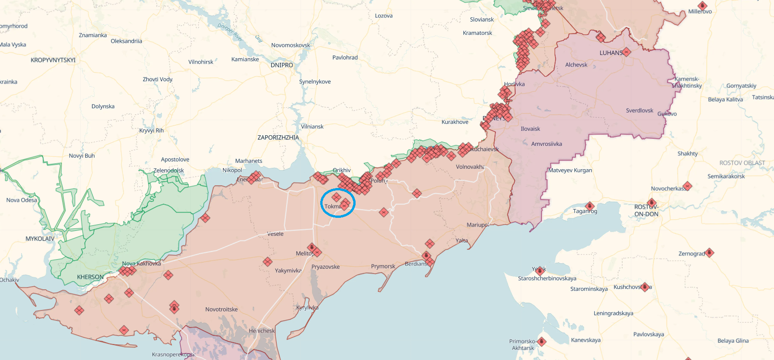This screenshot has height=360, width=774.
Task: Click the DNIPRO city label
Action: point(282,65)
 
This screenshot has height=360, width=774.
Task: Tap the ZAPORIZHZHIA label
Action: point(278,138)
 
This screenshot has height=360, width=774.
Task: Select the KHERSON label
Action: point(90,277)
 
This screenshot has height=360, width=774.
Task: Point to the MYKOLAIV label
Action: point(40,239)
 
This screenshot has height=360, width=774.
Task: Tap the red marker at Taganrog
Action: point(590,206)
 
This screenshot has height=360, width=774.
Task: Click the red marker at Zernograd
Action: point(709,253)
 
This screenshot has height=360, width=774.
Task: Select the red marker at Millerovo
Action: point(702,6)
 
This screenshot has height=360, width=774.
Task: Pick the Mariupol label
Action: point(478,225)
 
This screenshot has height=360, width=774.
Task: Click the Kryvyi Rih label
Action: point(151,131)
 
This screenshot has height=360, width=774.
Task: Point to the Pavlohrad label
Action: point(345,58)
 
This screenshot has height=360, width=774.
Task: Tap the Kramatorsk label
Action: point(477,33)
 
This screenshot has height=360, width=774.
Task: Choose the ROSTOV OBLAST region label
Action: point(742,163)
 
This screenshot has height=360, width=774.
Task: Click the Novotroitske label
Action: point(221,310)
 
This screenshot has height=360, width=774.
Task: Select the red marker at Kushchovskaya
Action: point(645,287)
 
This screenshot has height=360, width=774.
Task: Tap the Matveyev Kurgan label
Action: point(570,171)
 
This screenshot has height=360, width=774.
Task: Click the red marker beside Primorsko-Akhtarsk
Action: point(542,342)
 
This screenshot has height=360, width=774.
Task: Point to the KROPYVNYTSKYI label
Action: point(53,60)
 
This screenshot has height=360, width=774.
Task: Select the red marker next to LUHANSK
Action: point(627,52)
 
